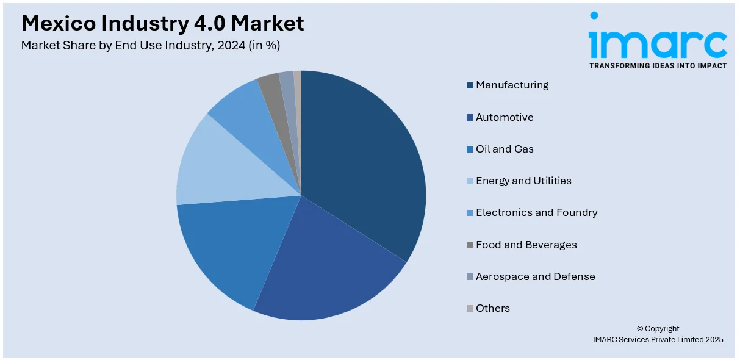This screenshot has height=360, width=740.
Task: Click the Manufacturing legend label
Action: pyautogui.click(x=512, y=85)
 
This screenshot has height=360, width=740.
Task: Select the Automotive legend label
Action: pyautogui.click(x=505, y=117)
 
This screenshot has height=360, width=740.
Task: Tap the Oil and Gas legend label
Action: pyautogui.click(x=505, y=149)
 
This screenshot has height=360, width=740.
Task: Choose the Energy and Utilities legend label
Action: pyautogui.click(x=523, y=181)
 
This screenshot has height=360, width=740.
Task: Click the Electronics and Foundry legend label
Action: pyautogui.click(x=536, y=212)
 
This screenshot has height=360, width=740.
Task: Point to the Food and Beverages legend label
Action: pyautogui.click(x=526, y=245)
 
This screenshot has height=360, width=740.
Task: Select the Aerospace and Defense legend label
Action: pyautogui.click(x=535, y=276)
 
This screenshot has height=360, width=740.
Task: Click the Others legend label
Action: pyautogui.click(x=492, y=308)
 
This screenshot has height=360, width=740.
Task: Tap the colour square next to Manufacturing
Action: pyautogui.click(x=470, y=85)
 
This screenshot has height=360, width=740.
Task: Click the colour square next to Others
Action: pyautogui.click(x=470, y=309)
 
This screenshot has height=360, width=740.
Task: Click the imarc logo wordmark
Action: pyautogui.click(x=657, y=38)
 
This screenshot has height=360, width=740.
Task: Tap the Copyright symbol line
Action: pyautogui.click(x=658, y=328)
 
